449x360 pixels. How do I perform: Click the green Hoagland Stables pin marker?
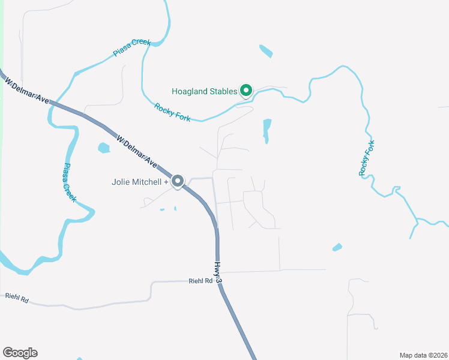[246, 91]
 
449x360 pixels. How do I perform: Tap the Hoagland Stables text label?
[204, 92]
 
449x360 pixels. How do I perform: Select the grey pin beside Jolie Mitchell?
[178, 181]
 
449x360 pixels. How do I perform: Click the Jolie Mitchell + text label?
[140, 182]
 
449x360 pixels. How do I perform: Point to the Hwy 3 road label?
[219, 272]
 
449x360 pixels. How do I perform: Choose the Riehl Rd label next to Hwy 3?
[200, 281]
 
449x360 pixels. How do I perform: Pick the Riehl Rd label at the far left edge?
[17, 296]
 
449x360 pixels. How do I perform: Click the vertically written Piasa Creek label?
[68, 182]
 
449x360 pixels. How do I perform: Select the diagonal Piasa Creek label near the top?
[131, 48]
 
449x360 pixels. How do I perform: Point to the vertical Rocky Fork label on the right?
[367, 158]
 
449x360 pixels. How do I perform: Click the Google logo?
[20, 353]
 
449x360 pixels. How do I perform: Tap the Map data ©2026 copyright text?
[423, 355]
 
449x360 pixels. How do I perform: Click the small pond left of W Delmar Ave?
[104, 147]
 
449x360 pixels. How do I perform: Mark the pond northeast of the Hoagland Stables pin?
[265, 51]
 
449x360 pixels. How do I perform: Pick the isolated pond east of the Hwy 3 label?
[337, 247]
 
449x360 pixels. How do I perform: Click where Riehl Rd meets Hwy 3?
[220, 281]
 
